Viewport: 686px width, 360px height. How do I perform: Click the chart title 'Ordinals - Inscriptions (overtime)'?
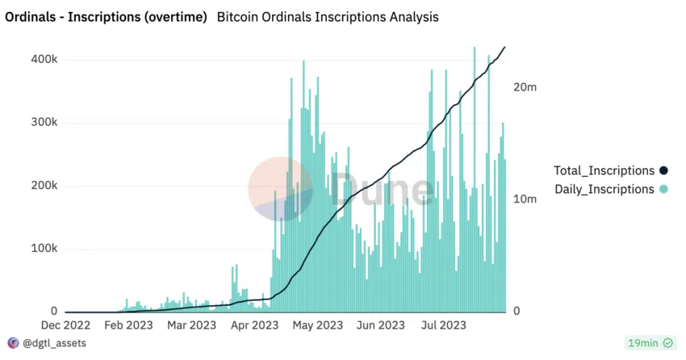click(x=106, y=16)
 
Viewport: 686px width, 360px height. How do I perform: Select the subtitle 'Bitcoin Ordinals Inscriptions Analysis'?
click(x=328, y=16)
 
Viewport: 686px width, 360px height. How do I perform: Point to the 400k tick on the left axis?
click(x=44, y=60)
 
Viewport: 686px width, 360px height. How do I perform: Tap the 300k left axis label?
click(x=44, y=123)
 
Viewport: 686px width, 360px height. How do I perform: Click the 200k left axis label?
click(x=44, y=186)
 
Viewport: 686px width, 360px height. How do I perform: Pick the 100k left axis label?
click(x=44, y=249)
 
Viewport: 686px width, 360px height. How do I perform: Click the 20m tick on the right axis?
click(x=525, y=87)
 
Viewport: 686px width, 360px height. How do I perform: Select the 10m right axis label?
click(x=525, y=199)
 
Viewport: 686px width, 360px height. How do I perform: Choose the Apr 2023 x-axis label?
click(x=254, y=325)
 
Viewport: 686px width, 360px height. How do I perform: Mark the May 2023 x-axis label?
click(x=316, y=325)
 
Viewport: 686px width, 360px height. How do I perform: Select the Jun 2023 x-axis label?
click(x=380, y=325)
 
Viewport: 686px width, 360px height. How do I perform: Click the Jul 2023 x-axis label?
click(x=443, y=325)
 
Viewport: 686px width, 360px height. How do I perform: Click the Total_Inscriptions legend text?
click(x=603, y=170)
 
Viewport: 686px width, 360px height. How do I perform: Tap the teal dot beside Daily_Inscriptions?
click(x=663, y=190)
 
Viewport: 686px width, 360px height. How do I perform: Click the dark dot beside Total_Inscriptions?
click(x=663, y=170)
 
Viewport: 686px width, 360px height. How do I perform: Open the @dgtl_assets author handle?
click(x=54, y=343)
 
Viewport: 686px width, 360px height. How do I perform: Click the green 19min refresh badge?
click(x=651, y=343)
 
